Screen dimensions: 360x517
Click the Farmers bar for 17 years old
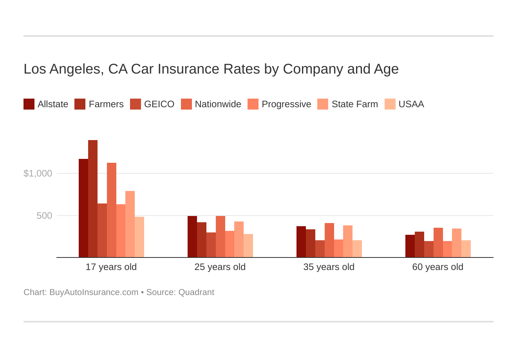click(93, 199)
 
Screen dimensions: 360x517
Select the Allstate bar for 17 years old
click(83, 208)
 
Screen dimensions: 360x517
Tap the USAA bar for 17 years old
click(139, 237)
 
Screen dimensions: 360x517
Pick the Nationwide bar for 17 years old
click(112, 210)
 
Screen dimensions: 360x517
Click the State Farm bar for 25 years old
click(239, 239)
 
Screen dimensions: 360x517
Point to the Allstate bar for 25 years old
click(192, 237)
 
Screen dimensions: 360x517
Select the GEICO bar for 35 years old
click(320, 249)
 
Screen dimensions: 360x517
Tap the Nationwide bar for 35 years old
click(329, 240)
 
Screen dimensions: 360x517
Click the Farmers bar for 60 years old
click(419, 245)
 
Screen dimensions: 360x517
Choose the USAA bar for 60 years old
click(466, 249)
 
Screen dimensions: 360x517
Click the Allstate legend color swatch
click(29, 104)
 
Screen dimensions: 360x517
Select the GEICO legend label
click(159, 104)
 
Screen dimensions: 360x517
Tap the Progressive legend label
click(286, 104)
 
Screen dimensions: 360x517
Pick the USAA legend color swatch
click(390, 104)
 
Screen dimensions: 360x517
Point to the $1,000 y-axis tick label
click(38, 173)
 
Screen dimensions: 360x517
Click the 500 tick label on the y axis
click(44, 216)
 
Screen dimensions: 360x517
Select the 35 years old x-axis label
click(329, 267)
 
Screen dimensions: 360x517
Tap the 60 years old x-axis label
click(438, 267)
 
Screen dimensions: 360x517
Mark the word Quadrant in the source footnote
click(196, 292)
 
